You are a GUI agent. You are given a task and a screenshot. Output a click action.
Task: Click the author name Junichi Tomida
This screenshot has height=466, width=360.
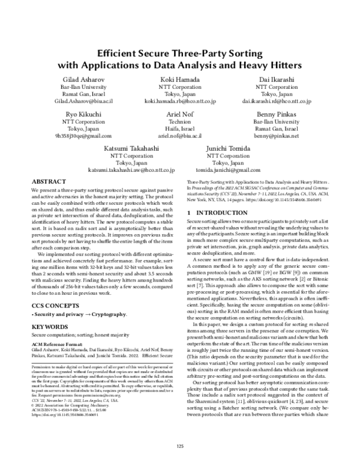pos(227,147)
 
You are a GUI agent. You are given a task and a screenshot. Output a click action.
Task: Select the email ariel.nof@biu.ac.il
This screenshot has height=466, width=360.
pos(179,136)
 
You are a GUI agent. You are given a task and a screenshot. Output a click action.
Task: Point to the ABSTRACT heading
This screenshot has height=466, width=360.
pos(49,181)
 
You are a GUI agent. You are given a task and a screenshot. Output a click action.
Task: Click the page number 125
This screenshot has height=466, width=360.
pos(179,445)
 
